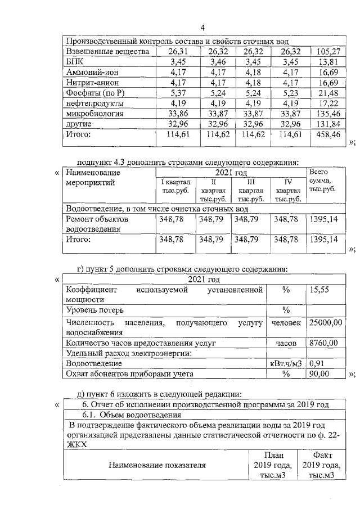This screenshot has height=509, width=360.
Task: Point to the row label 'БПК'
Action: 74,62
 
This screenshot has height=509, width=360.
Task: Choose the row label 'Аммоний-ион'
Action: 93,73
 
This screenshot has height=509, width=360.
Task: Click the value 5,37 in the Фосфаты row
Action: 177,93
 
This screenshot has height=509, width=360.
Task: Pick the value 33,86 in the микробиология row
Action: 177,113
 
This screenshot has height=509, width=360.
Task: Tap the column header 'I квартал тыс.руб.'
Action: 175,186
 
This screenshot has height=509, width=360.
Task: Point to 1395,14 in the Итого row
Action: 323,240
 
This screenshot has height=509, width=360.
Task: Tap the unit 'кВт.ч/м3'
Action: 286,363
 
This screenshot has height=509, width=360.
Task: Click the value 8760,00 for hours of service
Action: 323,343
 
